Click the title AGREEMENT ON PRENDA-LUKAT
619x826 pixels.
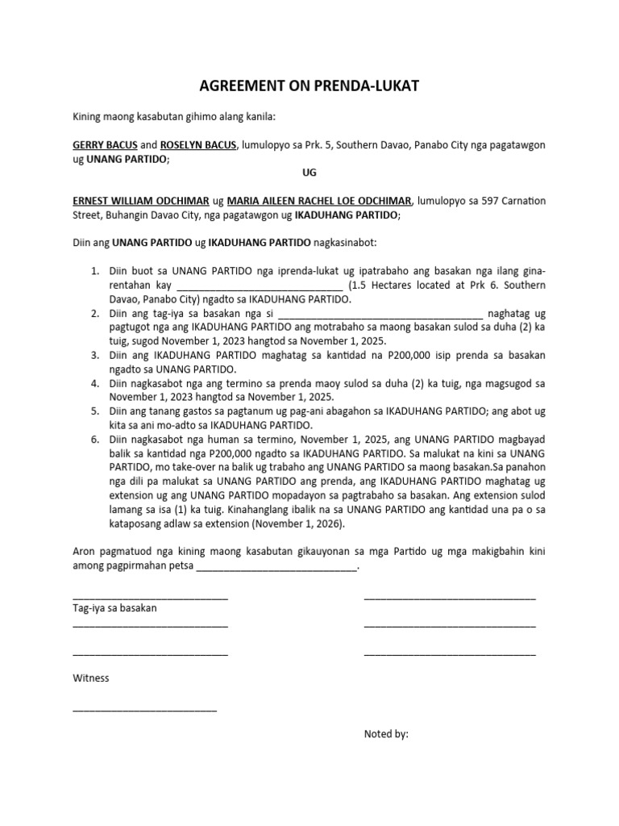[x=309, y=86]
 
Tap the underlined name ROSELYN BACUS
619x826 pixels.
[x=198, y=144]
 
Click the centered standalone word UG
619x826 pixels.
[x=309, y=173]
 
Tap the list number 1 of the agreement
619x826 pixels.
[x=94, y=270]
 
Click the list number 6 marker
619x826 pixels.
[x=94, y=439]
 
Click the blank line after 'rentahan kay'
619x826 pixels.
[x=259, y=286]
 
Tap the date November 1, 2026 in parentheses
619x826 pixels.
[x=301, y=524]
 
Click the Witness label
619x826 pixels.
[x=91, y=678]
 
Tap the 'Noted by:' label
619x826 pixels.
[x=386, y=734]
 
